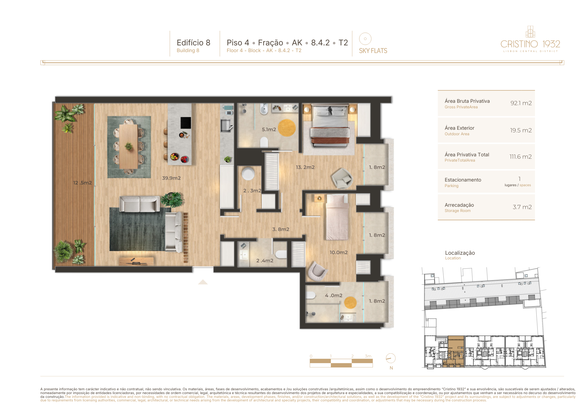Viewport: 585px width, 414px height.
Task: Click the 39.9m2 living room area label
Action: (171, 178)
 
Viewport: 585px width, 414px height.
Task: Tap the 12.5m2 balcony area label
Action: (82, 183)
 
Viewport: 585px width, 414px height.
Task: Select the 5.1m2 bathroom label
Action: (269, 129)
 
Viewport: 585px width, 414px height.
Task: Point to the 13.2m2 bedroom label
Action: (305, 167)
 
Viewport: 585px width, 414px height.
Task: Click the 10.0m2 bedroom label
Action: (338, 252)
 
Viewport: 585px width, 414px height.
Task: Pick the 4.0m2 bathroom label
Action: (333, 296)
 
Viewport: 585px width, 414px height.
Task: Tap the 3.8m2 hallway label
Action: (281, 229)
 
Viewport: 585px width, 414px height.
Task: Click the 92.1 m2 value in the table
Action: (521, 103)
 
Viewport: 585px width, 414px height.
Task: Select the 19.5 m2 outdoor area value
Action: (521, 130)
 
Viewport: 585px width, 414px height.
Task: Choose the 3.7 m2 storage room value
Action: (522, 207)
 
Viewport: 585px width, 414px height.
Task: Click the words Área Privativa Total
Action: (467, 155)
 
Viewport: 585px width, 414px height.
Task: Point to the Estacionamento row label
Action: (463, 180)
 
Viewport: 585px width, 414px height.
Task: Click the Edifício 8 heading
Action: (193, 43)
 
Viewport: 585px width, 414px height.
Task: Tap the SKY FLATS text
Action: (373, 51)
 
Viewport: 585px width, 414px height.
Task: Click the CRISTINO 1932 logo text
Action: (530, 44)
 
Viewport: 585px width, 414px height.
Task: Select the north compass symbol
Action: (390, 358)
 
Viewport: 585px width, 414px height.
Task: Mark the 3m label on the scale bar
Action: (368, 356)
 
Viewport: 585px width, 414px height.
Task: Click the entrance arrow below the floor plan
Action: (203, 282)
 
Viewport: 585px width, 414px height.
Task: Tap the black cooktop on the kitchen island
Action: (186, 123)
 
